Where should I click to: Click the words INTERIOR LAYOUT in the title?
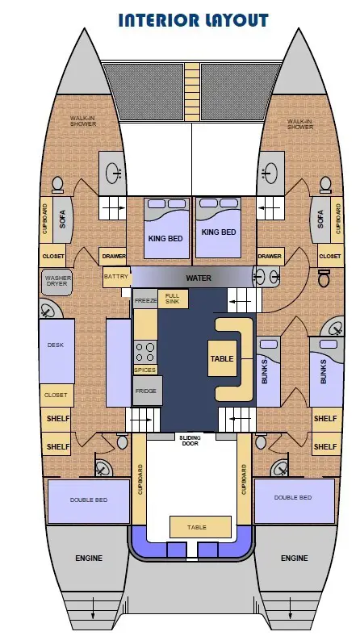click(x=193, y=20)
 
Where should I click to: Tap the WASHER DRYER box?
click(x=57, y=281)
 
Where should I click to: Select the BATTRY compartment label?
click(x=116, y=276)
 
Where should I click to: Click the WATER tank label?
click(x=199, y=278)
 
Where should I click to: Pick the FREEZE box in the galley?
click(x=145, y=299)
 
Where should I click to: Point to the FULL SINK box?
click(x=173, y=299)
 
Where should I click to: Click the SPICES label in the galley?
click(x=145, y=370)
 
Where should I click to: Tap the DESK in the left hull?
click(x=57, y=351)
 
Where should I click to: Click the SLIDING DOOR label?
click(x=190, y=441)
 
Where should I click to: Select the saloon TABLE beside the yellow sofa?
click(x=223, y=358)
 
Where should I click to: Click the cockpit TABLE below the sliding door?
click(x=200, y=526)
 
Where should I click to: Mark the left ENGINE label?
click(x=89, y=558)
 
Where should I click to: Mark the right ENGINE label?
click(x=295, y=558)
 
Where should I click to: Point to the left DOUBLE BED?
click(x=89, y=502)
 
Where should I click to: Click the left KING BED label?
click(x=165, y=238)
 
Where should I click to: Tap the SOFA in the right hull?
click(x=320, y=220)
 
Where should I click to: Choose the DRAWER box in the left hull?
click(x=112, y=257)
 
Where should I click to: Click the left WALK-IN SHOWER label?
click(x=83, y=121)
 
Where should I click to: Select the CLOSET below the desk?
click(x=57, y=395)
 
